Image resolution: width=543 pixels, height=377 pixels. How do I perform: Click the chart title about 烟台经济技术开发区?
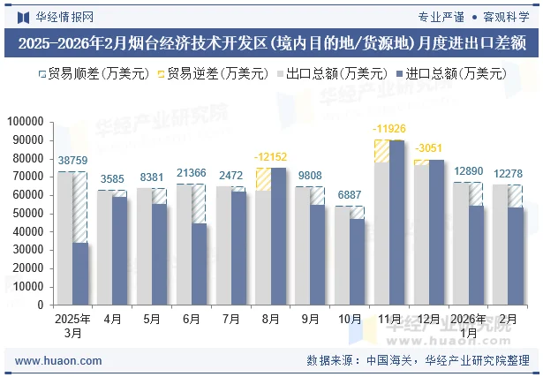tap(271, 41)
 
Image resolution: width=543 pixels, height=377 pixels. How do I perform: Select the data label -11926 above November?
tap(389, 130)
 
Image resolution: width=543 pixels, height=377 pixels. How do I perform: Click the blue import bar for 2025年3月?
tap(80, 273)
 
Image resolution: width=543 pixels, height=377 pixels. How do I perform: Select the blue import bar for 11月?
tap(397, 222)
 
